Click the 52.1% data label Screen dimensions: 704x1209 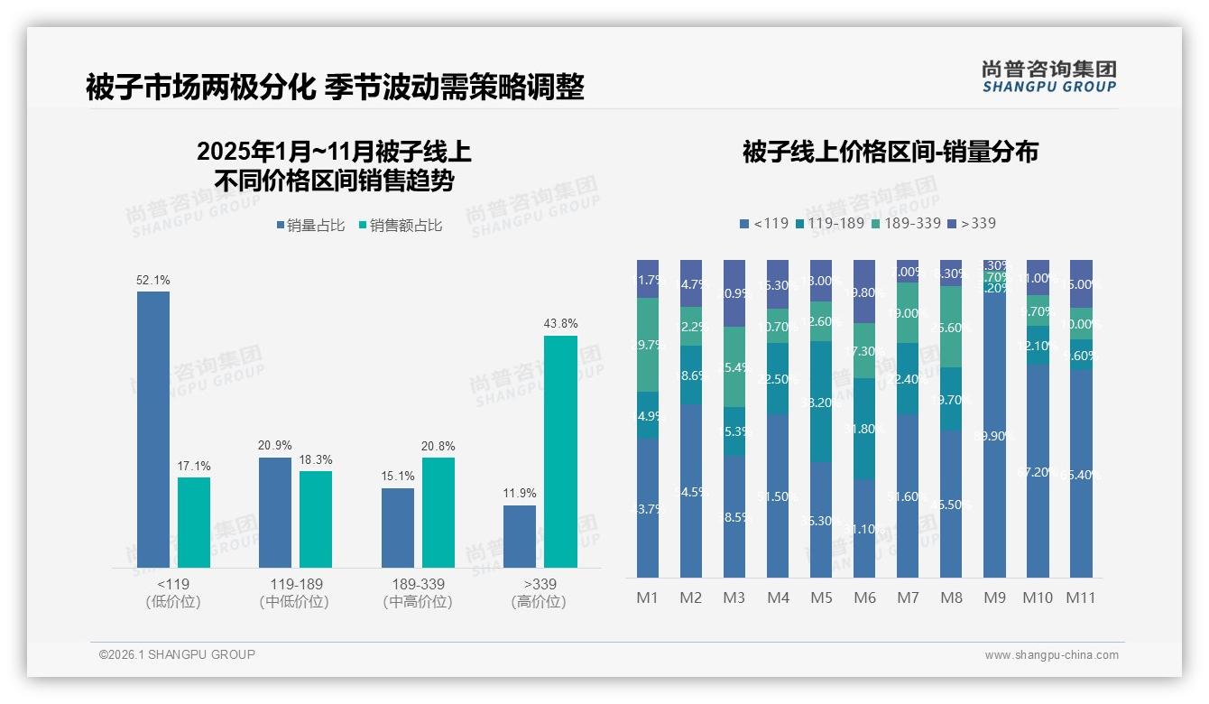(x=153, y=281)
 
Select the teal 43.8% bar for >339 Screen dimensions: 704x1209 (x=560, y=451)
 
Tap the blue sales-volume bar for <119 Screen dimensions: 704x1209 (x=153, y=429)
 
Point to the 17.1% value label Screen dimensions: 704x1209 (x=194, y=467)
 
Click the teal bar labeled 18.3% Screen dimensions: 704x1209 (x=316, y=519)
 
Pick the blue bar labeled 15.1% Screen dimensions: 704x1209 (x=397, y=528)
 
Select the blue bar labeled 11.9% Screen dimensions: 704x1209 (x=520, y=536)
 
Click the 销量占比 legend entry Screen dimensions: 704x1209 (x=310, y=226)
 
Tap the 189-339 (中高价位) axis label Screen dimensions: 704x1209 (x=418, y=593)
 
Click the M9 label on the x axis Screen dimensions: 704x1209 (x=994, y=597)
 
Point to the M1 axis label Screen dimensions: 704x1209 (x=648, y=597)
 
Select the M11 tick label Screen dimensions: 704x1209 (x=1080, y=597)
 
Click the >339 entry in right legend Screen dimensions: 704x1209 (x=972, y=223)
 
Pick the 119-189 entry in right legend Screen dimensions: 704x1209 (x=829, y=223)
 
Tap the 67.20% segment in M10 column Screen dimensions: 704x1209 (x=1038, y=471)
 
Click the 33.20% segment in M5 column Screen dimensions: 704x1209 (x=821, y=402)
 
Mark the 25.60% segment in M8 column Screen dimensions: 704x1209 (x=951, y=327)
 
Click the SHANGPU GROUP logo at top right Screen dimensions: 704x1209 (x=1048, y=77)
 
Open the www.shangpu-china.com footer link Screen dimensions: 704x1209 (x=1051, y=655)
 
